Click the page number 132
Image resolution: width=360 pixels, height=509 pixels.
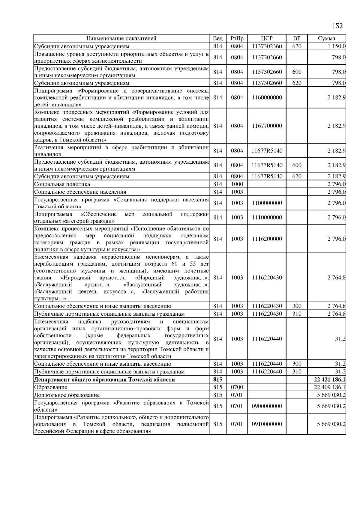point(337,26)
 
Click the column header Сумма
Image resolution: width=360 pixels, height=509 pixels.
point(326,38)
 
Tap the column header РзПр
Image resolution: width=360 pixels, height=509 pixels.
point(237,38)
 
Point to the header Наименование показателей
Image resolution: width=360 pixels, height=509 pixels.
point(121,38)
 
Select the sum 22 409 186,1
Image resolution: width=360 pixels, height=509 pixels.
point(329,387)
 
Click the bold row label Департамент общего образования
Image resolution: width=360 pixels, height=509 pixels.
point(104,380)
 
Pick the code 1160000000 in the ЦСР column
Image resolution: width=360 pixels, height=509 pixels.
point(267,97)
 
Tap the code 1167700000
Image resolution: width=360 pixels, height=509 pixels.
point(267,126)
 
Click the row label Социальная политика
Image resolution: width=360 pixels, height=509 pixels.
point(62,184)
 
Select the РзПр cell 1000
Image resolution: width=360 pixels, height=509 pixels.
point(237,184)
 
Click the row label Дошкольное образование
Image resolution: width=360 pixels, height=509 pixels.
point(67,395)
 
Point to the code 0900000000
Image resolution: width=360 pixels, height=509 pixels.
point(267,406)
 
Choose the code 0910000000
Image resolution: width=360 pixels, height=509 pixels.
point(267,424)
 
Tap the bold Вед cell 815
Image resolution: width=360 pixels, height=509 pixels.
point(217,380)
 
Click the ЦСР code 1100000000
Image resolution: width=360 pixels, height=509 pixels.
point(267,203)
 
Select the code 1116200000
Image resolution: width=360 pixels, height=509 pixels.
point(267,239)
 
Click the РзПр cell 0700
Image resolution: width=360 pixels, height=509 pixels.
point(237,387)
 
